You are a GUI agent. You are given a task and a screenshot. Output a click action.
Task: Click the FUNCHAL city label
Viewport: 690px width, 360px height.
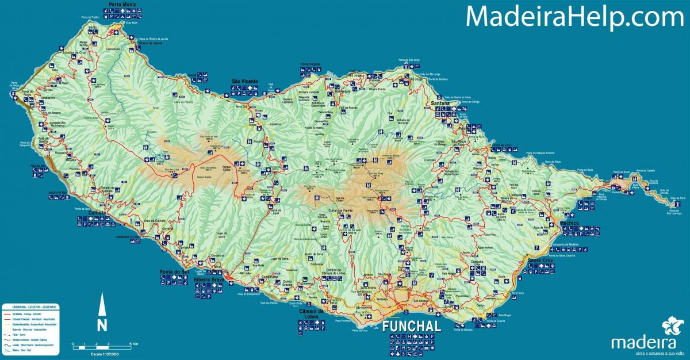[x=412, y=326]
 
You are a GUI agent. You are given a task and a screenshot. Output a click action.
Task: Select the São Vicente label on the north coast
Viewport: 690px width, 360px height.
[x=245, y=81]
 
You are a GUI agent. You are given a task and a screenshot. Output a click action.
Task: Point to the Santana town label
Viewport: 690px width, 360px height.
[x=441, y=103]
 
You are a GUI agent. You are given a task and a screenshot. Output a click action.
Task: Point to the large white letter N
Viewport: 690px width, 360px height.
[x=102, y=325]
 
